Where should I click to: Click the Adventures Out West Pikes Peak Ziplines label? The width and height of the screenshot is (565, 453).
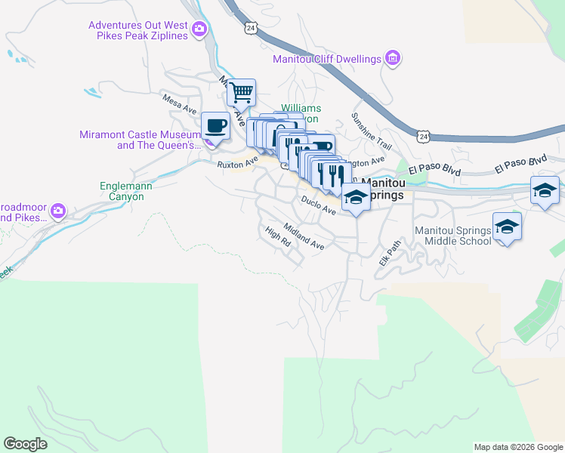[x=138, y=30]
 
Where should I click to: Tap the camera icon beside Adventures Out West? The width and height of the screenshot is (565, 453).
[x=199, y=30]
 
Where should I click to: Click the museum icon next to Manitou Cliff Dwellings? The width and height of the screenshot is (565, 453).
[x=392, y=58]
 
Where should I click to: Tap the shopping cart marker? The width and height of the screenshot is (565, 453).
[x=241, y=94]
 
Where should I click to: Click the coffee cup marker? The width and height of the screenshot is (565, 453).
[x=216, y=125]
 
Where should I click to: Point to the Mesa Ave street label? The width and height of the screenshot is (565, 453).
[x=180, y=103]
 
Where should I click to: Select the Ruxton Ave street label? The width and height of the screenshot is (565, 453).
[x=238, y=161]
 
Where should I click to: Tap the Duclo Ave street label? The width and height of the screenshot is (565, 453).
[x=318, y=204]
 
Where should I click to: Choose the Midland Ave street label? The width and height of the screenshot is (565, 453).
[x=304, y=236]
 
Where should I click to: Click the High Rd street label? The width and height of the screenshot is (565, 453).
[x=277, y=238]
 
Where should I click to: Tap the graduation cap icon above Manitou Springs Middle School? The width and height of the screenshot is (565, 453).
[x=507, y=226]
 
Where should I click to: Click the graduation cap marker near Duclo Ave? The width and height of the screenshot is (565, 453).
[x=355, y=198]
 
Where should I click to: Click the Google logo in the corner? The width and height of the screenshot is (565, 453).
[x=26, y=444]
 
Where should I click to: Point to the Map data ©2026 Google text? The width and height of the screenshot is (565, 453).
[x=518, y=447]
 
